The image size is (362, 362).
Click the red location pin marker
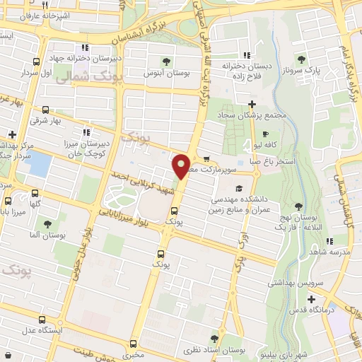click(181, 166)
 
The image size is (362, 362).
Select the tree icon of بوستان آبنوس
click(166, 62)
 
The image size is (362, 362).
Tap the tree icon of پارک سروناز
click(302, 61)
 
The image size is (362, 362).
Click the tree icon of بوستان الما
click(47, 224)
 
